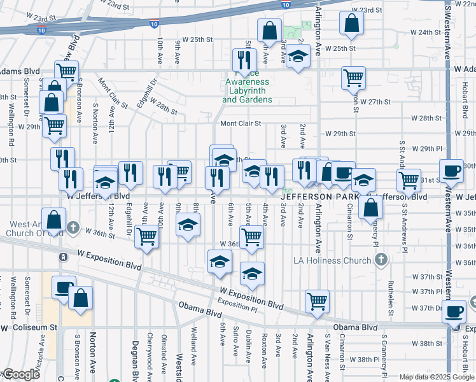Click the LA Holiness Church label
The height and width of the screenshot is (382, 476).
pos(339,260)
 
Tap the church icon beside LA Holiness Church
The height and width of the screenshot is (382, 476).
pos(381,260)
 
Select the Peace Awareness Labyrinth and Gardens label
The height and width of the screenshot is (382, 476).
pos(247,90)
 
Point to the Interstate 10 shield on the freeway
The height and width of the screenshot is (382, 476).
pos(154,24)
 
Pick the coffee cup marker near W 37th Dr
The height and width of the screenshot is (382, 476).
pos(454,311)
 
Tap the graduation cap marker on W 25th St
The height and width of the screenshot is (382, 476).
pos(297,56)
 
